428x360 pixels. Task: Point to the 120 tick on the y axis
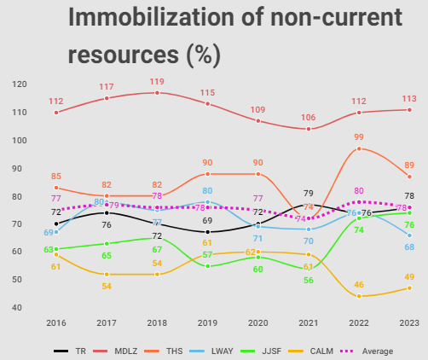(x=20, y=84)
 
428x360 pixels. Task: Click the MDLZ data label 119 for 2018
(x=157, y=83)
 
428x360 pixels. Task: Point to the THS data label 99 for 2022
(x=360, y=137)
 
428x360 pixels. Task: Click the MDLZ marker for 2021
(x=309, y=129)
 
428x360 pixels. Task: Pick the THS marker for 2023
(x=410, y=177)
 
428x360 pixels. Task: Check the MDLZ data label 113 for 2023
(x=409, y=98)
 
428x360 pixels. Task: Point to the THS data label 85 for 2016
(x=56, y=177)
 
